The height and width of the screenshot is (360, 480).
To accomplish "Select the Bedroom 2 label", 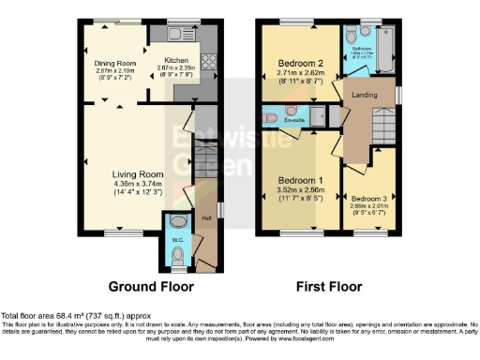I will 302,65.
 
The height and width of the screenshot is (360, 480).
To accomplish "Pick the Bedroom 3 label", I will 369,199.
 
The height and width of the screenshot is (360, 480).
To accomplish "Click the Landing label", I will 365,94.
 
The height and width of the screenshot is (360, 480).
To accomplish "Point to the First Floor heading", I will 329,286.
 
